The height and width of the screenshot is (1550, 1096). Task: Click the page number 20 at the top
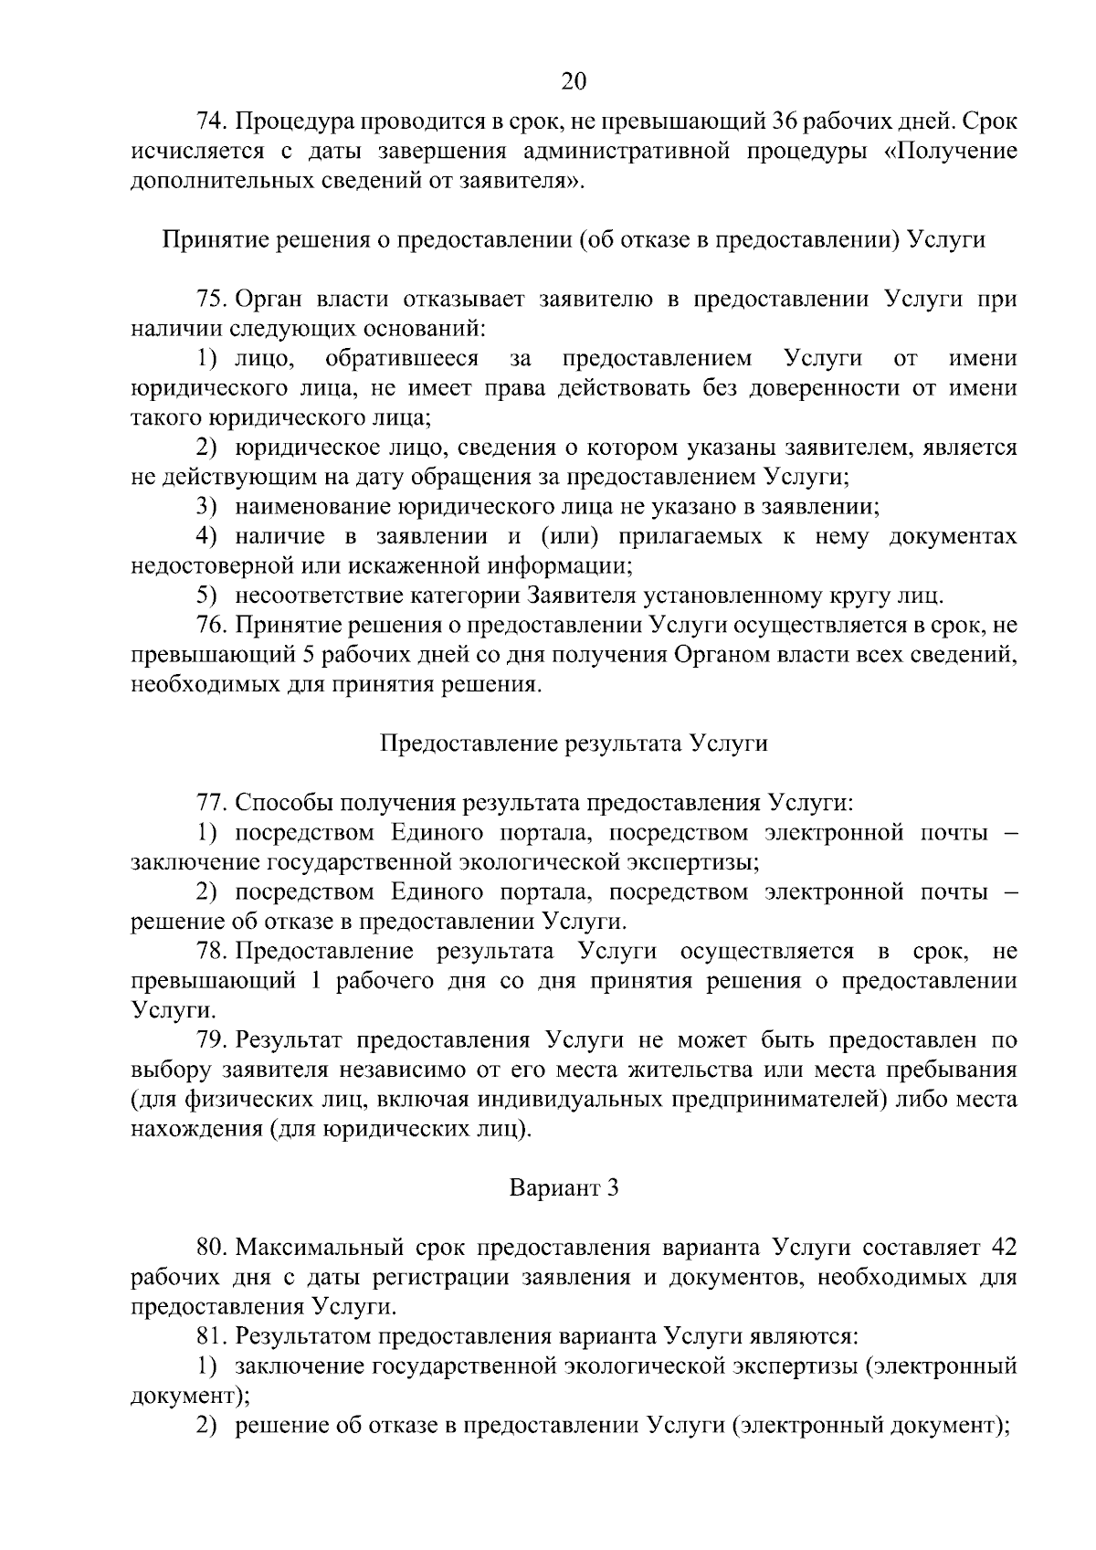click(x=573, y=81)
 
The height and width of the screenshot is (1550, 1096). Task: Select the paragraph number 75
click(x=210, y=299)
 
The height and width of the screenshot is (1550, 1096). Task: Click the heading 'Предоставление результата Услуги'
click(x=574, y=743)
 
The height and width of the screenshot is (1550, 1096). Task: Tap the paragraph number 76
click(x=210, y=626)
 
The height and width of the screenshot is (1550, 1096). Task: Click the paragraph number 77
click(x=210, y=803)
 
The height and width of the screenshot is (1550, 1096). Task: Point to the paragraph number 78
click(x=210, y=952)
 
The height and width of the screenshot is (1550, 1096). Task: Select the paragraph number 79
click(x=210, y=1040)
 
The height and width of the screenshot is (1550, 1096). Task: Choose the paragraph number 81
click(x=210, y=1337)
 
